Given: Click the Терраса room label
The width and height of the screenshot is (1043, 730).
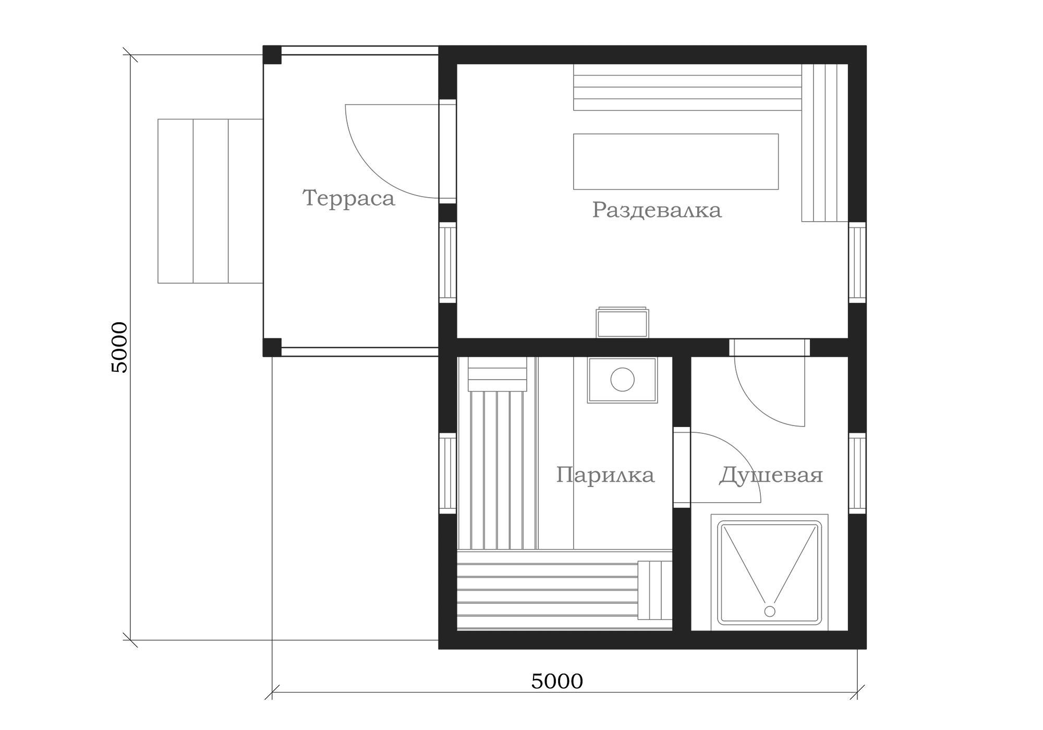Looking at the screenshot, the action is pos(348,199).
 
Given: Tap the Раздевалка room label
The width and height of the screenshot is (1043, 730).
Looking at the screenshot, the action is pos(657,210).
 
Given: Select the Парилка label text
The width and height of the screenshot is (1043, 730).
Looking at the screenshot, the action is pos(605,475).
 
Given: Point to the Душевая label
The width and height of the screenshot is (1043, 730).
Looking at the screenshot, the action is pos(771,476).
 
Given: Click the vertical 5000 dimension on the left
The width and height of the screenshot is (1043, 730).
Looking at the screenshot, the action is pos(119,347).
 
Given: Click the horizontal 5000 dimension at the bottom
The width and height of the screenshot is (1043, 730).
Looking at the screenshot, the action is pos(557,681).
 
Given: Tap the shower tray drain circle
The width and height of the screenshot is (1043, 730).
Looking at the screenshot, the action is pos(769,611).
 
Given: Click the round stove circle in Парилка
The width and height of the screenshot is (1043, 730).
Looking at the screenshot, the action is pos(622,380).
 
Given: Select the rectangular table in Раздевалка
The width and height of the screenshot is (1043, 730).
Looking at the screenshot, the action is pos(676,162).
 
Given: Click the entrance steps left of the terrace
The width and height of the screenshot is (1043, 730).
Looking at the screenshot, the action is pos(210,201).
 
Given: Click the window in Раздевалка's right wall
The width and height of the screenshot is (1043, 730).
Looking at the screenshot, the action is pos(857,262).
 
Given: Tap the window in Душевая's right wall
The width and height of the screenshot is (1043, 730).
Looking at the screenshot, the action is pos(857,473).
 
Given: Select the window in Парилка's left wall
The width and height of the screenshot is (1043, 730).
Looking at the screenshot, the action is pos(447,473).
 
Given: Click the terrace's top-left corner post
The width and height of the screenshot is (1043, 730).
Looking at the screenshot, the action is pos(272,55).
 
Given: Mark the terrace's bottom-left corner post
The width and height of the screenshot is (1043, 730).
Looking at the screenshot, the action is pos(272,347).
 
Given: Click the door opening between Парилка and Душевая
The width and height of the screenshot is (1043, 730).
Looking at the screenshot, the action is pos(682,467).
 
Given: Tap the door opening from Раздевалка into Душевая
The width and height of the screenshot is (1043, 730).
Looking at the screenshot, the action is pos(769,347).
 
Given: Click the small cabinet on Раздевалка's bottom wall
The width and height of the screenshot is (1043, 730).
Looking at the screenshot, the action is pos(623,322).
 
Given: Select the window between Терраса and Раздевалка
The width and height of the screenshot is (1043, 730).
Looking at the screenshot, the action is pos(447,262).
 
